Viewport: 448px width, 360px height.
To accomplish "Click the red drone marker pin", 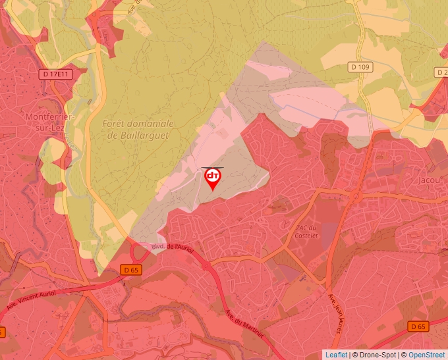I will tap(213, 178).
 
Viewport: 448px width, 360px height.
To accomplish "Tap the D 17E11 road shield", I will tap(55, 74).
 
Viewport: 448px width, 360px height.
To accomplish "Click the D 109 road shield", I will tap(360, 66).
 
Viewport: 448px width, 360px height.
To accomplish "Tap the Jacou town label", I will tap(430, 179).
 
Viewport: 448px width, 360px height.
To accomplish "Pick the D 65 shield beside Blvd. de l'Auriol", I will tap(131, 270).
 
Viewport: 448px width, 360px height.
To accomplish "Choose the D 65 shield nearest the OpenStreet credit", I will tap(418, 326).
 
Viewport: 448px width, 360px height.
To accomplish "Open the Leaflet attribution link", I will tap(336, 355).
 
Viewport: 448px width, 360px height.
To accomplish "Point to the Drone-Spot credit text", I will tap(374, 355).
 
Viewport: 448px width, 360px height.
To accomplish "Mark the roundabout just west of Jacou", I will tap(356, 195).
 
